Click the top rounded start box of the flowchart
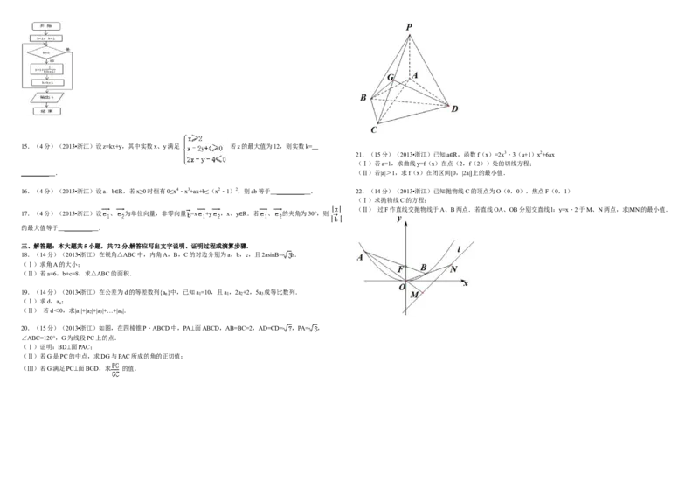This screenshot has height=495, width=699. [x=45, y=28]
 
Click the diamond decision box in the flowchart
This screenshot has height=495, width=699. [x=45, y=52]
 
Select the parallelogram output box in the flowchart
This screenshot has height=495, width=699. [x=45, y=97]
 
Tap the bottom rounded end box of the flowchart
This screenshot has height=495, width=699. [x=45, y=111]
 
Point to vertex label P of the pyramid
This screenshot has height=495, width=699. [x=408, y=26]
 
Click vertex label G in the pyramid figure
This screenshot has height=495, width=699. [x=390, y=80]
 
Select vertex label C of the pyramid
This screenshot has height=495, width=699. [x=374, y=130]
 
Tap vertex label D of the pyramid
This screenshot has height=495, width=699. [x=454, y=108]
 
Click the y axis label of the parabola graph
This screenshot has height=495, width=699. [x=398, y=219]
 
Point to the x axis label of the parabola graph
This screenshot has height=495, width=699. [x=466, y=283]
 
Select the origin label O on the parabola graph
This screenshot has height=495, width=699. [x=401, y=287]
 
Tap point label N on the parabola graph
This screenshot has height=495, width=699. [x=453, y=268]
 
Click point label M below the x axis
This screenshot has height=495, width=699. [x=414, y=295]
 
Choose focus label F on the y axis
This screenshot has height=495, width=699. [x=400, y=268]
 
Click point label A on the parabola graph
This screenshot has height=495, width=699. [x=360, y=256]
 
